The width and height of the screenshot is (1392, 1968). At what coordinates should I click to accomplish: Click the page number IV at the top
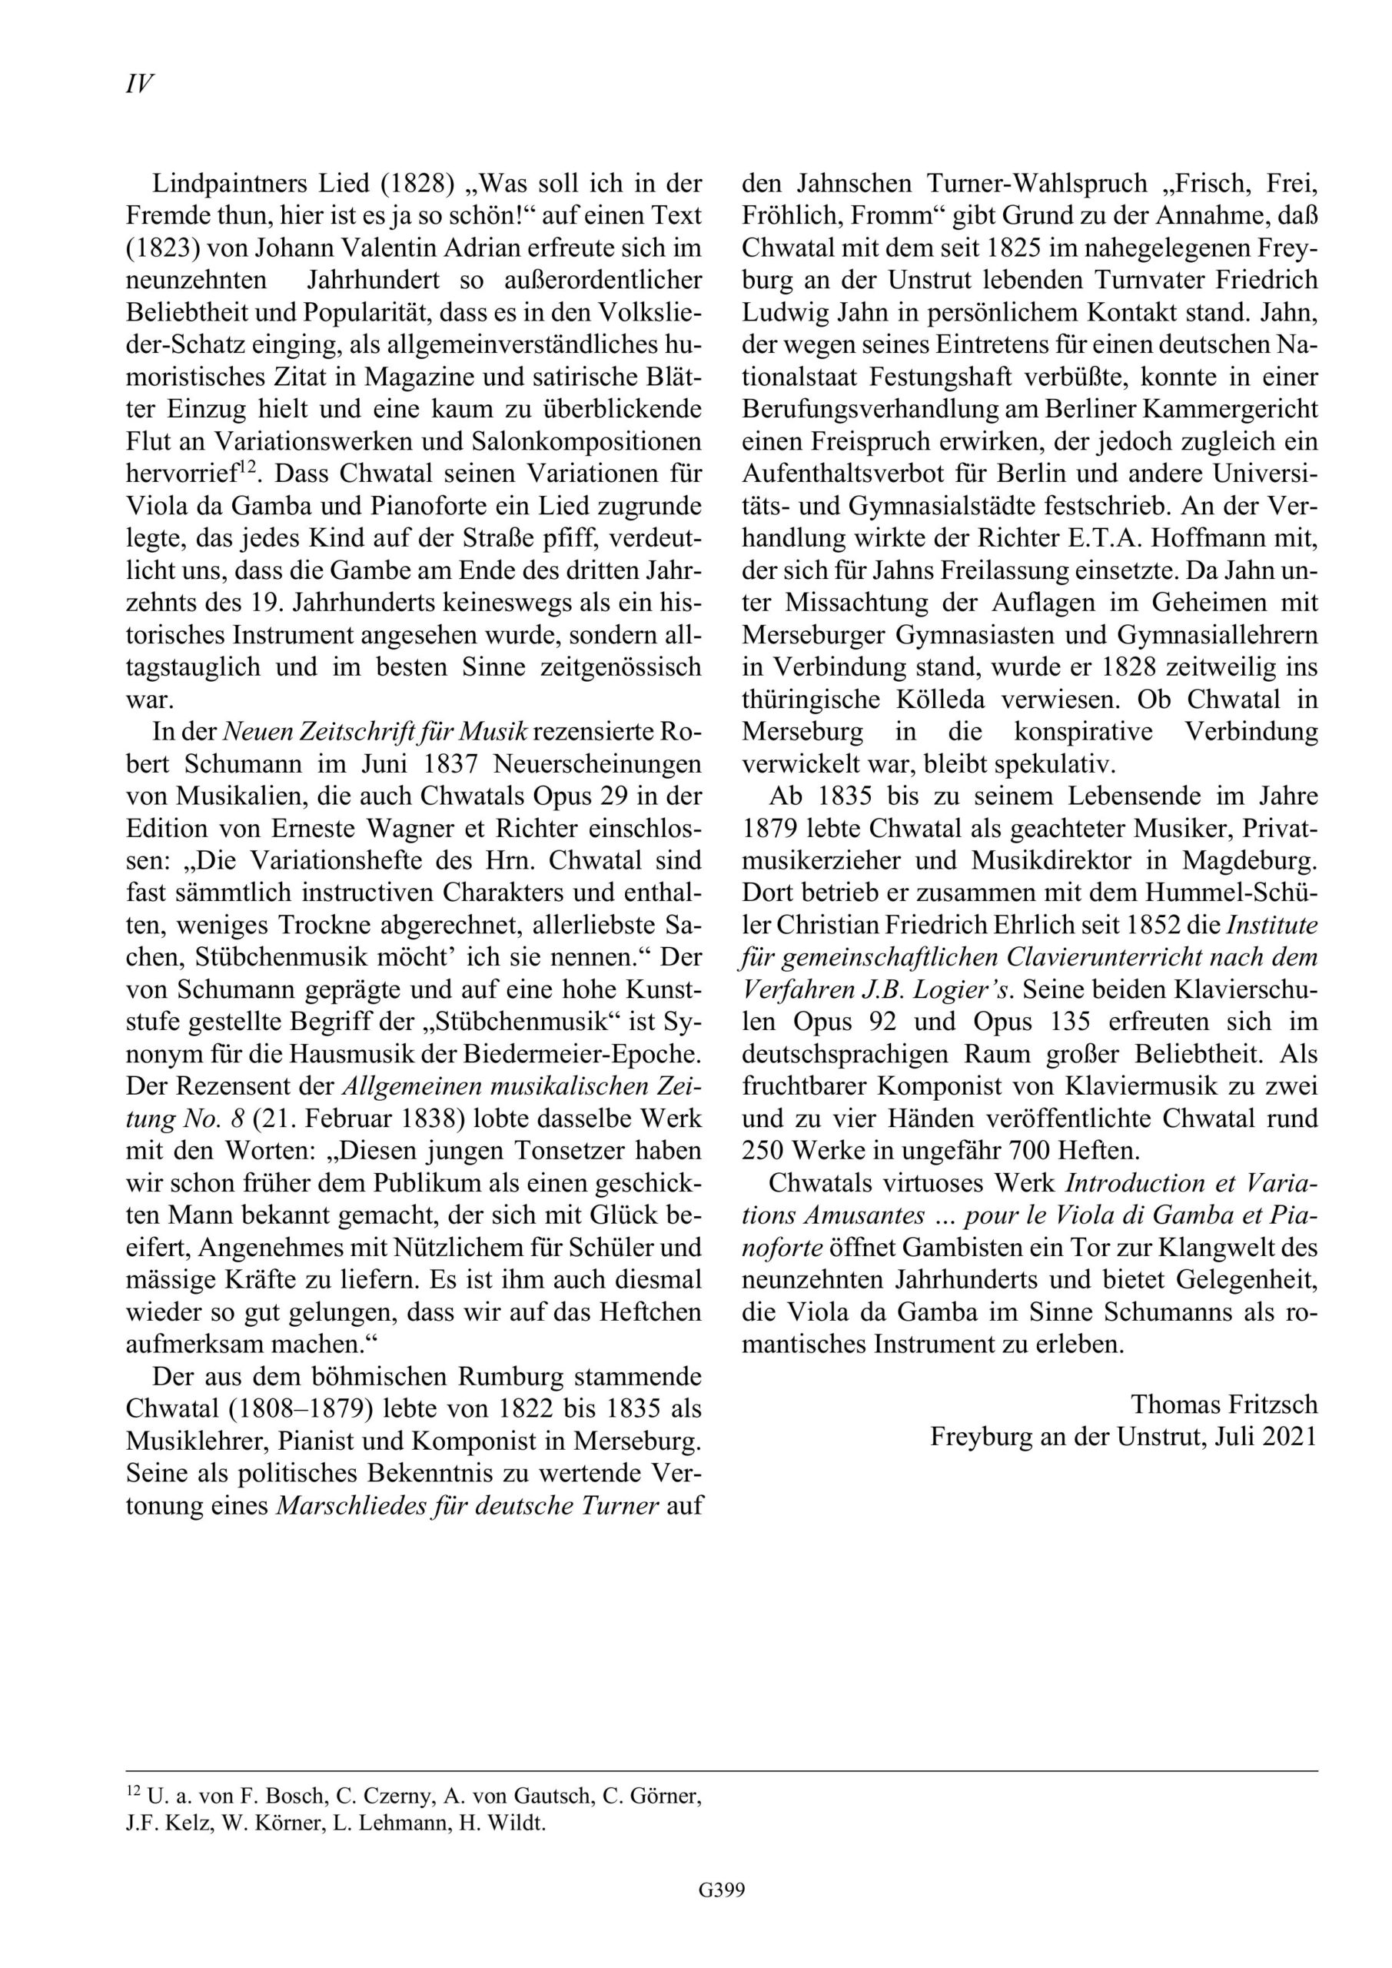click(x=139, y=84)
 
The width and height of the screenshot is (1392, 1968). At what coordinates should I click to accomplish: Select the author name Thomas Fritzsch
click(x=1223, y=1404)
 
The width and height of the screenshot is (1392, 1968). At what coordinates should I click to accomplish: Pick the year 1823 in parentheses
click(x=154, y=248)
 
